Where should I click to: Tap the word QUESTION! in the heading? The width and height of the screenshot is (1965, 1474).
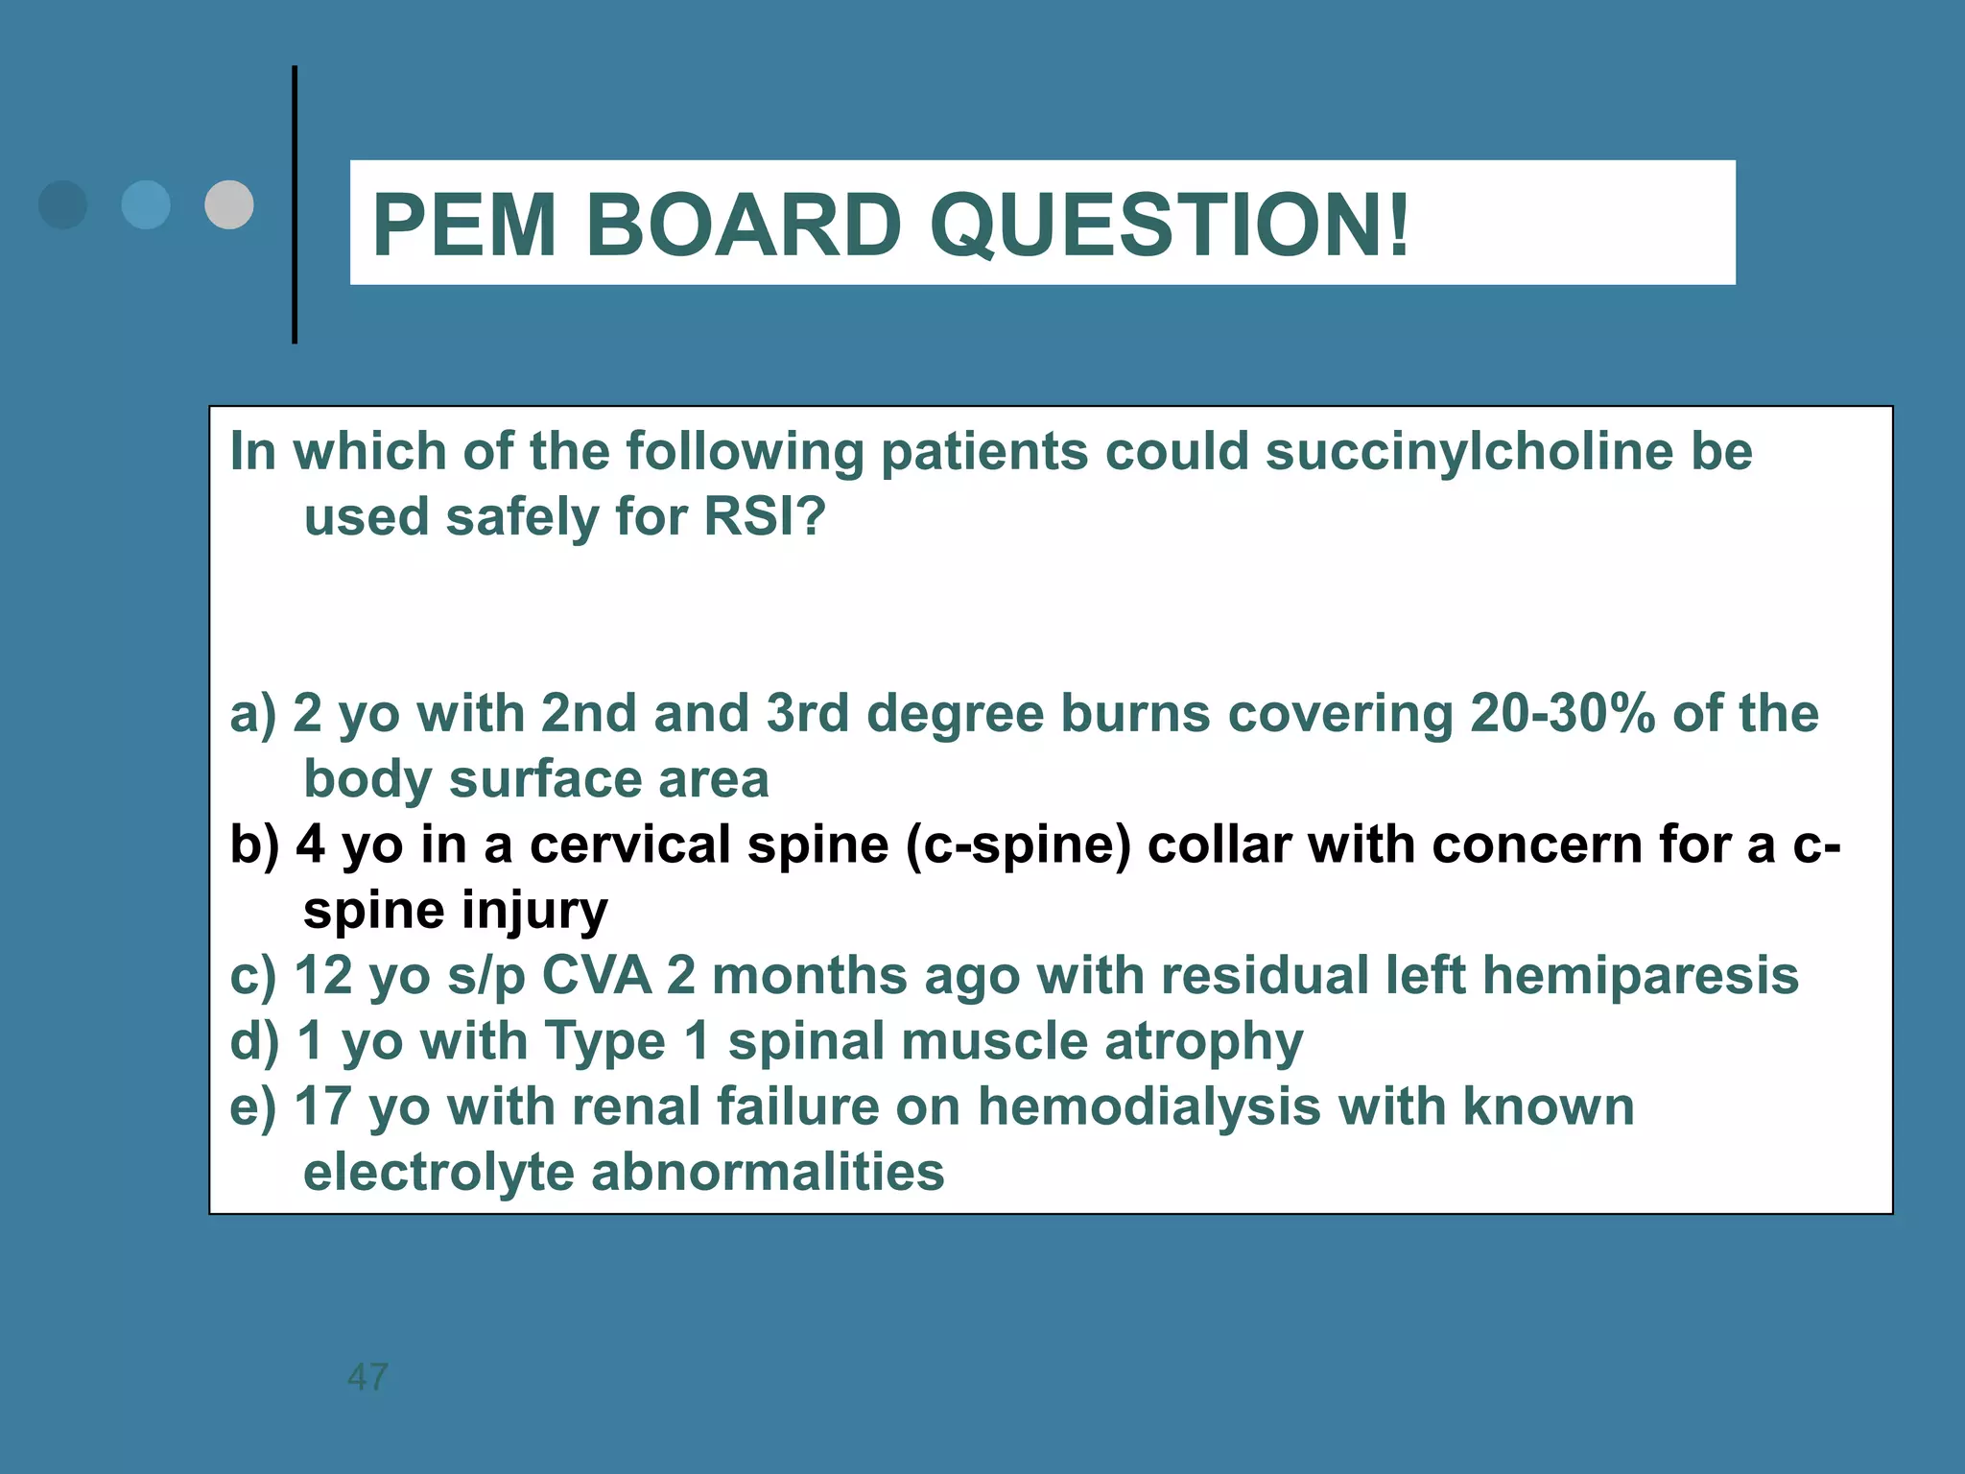[1169, 226]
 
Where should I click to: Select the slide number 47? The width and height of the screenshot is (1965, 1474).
[367, 1377]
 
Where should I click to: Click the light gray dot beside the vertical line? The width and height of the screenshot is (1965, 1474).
[229, 204]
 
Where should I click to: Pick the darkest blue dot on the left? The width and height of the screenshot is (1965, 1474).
[62, 204]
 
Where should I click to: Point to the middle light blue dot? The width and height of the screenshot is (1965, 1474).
[146, 204]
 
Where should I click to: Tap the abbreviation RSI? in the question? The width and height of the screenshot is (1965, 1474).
[765, 516]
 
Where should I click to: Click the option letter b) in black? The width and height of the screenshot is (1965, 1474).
[254, 844]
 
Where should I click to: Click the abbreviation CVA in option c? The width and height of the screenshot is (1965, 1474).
[597, 975]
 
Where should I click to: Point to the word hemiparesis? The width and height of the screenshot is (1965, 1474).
[1641, 977]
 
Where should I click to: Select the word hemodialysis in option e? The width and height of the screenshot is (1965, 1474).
[1148, 1106]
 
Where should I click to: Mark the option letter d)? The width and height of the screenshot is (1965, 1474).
[254, 1041]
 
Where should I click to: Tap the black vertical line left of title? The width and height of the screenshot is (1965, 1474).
[295, 204]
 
